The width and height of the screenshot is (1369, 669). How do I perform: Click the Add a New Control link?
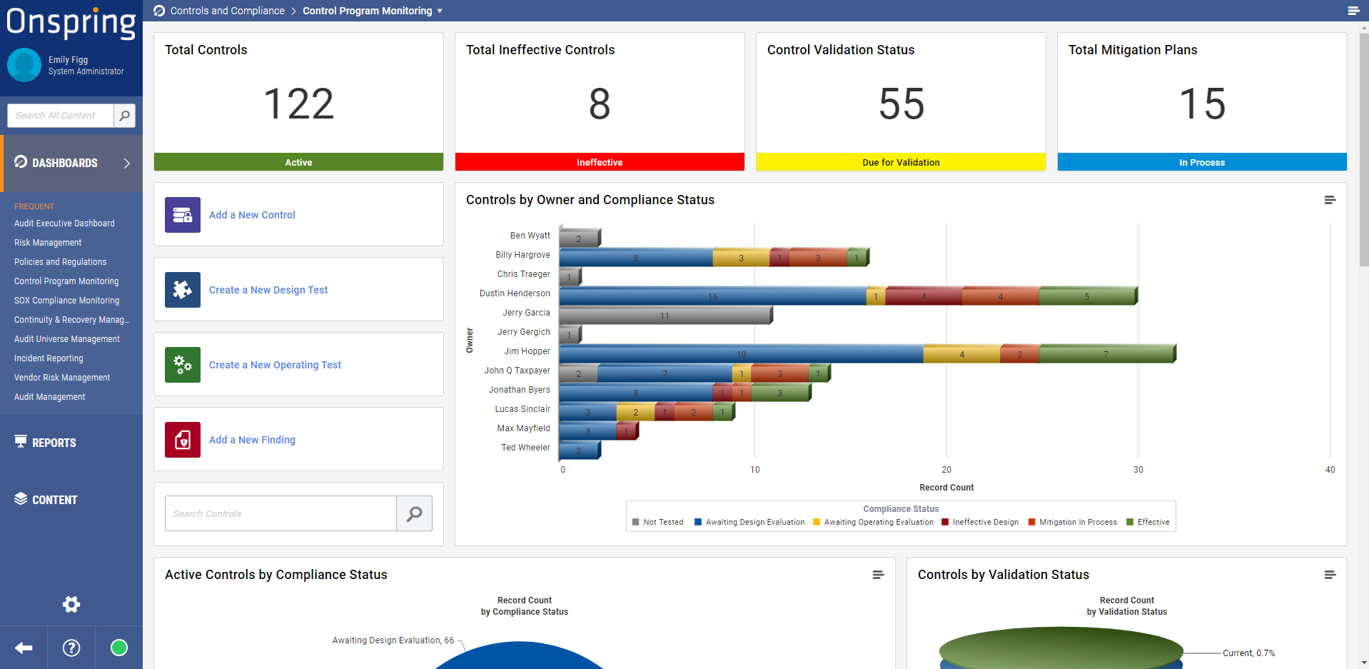point(252,215)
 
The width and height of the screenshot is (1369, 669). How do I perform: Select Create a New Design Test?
point(268,290)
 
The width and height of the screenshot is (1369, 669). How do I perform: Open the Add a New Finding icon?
point(183,440)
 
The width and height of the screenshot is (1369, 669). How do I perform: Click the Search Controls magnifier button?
point(414,513)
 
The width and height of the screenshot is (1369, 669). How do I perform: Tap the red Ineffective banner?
point(600,162)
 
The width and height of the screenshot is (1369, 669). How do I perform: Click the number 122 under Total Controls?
point(298,104)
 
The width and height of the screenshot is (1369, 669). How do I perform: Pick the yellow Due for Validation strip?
point(901,162)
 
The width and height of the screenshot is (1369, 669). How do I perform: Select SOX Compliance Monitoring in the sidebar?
point(66,301)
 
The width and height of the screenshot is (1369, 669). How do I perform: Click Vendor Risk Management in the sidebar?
point(62,378)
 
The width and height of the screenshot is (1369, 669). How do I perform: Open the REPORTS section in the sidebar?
point(54,443)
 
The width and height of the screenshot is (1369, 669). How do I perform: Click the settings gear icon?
point(71,605)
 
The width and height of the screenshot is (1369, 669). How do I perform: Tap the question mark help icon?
point(71,648)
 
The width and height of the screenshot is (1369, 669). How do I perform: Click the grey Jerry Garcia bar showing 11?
point(665,316)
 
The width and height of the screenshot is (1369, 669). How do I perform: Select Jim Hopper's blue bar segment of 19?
point(741,354)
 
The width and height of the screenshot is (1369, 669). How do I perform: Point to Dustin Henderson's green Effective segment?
point(1086,296)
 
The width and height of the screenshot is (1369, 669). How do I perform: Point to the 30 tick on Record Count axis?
point(1138,470)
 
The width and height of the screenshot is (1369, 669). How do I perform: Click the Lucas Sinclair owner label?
point(522,409)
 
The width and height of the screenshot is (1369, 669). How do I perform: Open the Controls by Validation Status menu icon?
point(1330,575)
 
